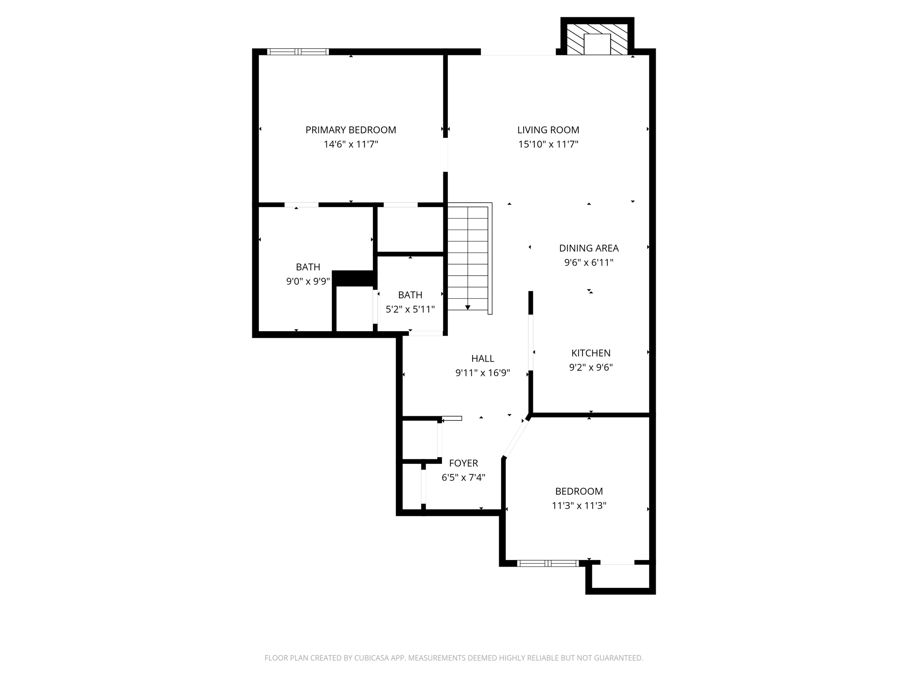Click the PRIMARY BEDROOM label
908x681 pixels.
pos(350,130)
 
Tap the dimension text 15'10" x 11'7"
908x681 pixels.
pos(548,144)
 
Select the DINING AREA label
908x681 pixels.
pos(588,248)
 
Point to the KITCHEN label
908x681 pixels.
pos(591,353)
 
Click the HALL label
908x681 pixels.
pos(482,358)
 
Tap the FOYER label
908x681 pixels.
pos(463,463)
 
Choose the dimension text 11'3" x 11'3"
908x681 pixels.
pos(579,505)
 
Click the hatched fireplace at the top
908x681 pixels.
pos(597,39)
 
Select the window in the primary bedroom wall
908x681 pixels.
pos(298,52)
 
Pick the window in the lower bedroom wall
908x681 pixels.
pos(548,564)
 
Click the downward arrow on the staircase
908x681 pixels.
pos(467,307)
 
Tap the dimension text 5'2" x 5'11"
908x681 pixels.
pos(410,309)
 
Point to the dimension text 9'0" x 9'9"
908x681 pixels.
pos(308,281)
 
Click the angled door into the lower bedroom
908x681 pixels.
pos(516,438)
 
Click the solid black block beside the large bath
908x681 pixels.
pos(354,278)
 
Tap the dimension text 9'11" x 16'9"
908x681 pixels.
pos(482,373)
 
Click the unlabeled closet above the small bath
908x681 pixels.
pos(410,230)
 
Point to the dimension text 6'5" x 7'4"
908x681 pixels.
pos(463,477)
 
